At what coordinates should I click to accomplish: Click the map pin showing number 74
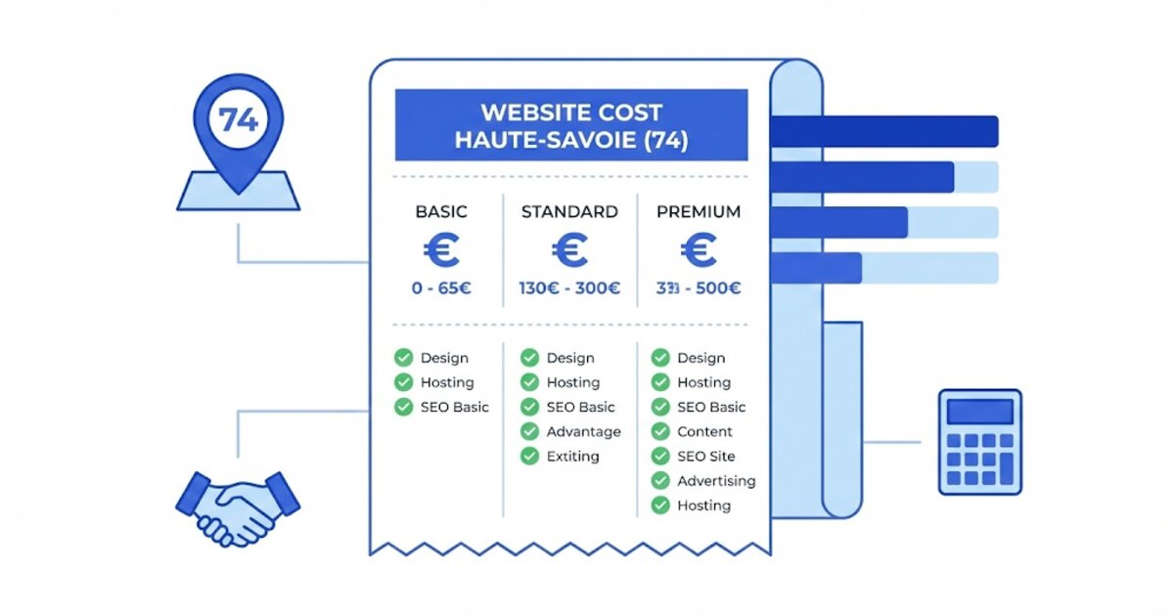tap(238, 122)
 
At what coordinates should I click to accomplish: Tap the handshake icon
tap(238, 506)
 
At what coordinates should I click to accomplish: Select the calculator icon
tap(979, 442)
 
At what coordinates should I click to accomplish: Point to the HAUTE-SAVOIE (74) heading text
tap(570, 140)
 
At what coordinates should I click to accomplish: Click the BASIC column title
tap(441, 212)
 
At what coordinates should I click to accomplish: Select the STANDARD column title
tap(569, 212)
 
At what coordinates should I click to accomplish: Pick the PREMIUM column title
tap(698, 212)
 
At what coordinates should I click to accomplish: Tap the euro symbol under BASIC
tap(441, 250)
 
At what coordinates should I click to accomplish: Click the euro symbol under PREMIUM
tap(698, 250)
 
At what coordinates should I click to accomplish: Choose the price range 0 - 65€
tap(441, 288)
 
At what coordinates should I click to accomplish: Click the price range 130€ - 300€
tap(569, 288)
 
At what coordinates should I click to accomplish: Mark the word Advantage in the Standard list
tap(583, 432)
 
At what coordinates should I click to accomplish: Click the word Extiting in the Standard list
tap(572, 457)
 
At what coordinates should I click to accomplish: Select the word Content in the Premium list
tap(704, 432)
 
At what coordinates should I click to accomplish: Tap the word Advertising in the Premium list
tap(716, 481)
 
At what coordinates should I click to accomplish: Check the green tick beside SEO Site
tap(660, 457)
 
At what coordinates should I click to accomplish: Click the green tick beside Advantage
tap(529, 432)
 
